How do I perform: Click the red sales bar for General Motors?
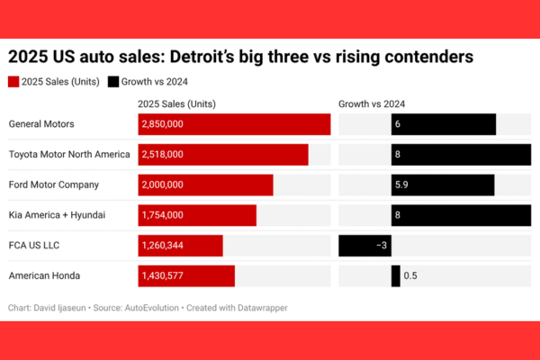tap(234, 124)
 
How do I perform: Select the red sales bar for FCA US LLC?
tap(181, 246)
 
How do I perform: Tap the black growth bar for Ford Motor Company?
tap(443, 184)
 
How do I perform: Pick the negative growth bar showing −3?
tap(364, 246)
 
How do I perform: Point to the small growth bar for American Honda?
tap(396, 275)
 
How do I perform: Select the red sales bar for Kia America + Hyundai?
tap(197, 215)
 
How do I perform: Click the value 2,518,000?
tap(163, 155)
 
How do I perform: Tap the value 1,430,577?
tap(163, 275)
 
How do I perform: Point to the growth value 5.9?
tap(402, 184)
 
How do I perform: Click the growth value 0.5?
tap(410, 275)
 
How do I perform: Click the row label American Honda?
tap(41, 275)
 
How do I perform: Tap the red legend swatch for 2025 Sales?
tap(14, 82)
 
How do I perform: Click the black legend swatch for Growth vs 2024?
tap(113, 82)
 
